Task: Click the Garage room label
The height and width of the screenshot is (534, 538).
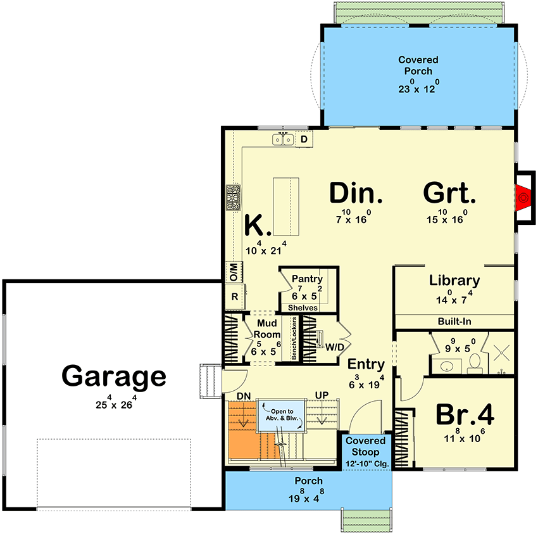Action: tap(114, 377)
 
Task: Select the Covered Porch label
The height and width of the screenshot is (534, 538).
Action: tap(418, 65)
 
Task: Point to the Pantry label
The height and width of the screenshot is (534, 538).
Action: tap(307, 279)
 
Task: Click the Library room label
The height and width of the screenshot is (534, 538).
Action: tap(454, 281)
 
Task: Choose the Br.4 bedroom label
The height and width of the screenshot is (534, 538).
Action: tap(465, 416)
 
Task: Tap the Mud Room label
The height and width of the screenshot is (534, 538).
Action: tap(266, 329)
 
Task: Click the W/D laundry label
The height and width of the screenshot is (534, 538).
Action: tap(335, 347)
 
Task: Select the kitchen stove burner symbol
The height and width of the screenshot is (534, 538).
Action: tap(233, 198)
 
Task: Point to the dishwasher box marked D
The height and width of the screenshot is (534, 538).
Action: tap(304, 139)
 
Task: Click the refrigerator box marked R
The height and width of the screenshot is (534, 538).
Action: tap(234, 296)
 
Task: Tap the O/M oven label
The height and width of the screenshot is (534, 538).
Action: tap(233, 272)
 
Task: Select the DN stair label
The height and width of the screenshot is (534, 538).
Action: tap(244, 396)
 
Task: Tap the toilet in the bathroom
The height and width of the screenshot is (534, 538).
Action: tap(475, 363)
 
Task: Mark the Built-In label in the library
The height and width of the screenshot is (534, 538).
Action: tap(454, 322)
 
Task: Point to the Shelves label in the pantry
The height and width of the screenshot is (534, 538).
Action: tap(303, 308)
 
